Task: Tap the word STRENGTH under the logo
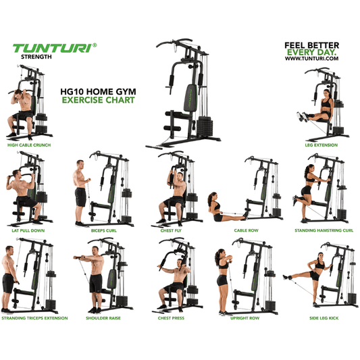pyautogui.click(x=29, y=57)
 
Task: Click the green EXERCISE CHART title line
pyautogui.click(x=97, y=100)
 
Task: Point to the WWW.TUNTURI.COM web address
pyautogui.click(x=311, y=58)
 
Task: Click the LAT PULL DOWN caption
pyautogui.click(x=28, y=230)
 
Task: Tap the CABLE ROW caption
pyautogui.click(x=246, y=230)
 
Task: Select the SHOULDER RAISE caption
pyautogui.click(x=102, y=317)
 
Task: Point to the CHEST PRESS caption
pyautogui.click(x=174, y=317)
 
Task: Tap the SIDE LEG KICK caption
pyautogui.click(x=324, y=317)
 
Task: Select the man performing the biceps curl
pyautogui.click(x=81, y=192)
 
